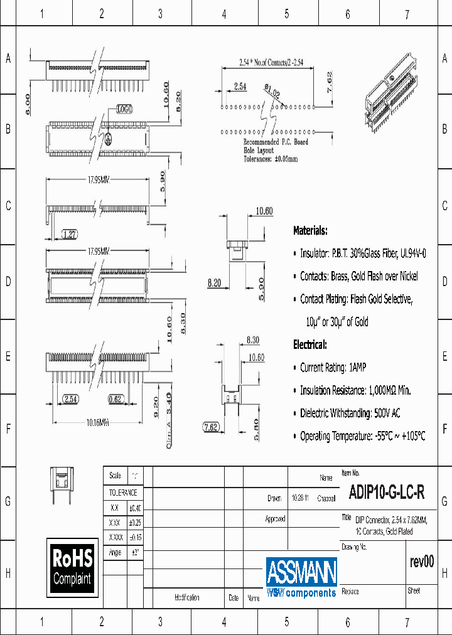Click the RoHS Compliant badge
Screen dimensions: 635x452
click(72, 567)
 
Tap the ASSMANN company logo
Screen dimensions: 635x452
click(301, 577)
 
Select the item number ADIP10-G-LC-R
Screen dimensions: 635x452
click(383, 493)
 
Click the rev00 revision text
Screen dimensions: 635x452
click(421, 562)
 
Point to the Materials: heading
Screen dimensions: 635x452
click(310, 231)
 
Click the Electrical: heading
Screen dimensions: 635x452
click(309, 344)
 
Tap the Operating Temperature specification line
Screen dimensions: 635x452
click(362, 436)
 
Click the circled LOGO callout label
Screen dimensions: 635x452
click(124, 109)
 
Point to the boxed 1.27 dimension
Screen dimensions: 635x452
click(69, 235)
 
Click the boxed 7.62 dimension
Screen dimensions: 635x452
click(211, 427)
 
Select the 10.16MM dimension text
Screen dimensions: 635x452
click(97, 424)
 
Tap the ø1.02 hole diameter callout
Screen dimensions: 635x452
click(272, 92)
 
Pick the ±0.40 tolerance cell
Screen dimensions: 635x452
click(135, 508)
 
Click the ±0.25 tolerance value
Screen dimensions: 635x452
click(135, 523)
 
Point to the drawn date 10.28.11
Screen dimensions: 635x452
click(299, 498)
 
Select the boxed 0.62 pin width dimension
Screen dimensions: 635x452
click(115, 398)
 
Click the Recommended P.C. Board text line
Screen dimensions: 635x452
click(276, 142)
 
